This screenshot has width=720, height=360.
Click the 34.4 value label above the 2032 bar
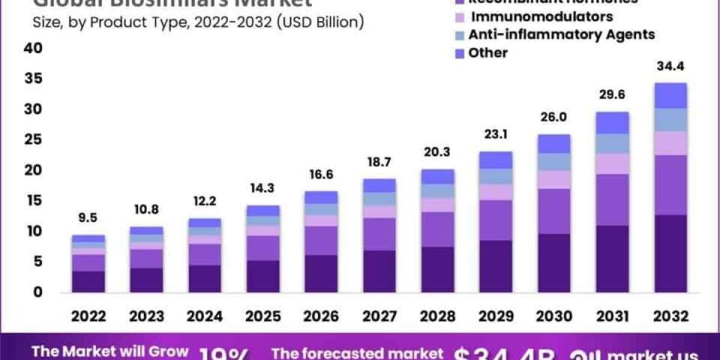pos(671,65)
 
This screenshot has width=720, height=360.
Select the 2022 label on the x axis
pos(88,316)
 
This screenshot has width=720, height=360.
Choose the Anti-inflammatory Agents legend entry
pos(561,34)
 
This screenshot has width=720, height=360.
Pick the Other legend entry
pos(488,53)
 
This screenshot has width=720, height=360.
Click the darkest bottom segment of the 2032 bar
pos(671,253)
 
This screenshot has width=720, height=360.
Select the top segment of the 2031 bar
pos(613,122)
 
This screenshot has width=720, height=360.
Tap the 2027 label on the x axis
pos(379,316)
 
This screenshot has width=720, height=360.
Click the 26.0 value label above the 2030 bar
pos(554,117)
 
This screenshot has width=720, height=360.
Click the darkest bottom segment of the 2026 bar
pos(321,274)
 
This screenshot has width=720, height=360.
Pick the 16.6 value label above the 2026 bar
pos(321,175)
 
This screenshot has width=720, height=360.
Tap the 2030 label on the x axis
pos(554,316)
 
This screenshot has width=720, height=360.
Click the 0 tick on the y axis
pos(38,292)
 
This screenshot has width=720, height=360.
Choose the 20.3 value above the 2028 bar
pos(437,152)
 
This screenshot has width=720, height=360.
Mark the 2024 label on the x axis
pos(205,316)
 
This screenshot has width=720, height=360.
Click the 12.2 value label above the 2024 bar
pos(205,202)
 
